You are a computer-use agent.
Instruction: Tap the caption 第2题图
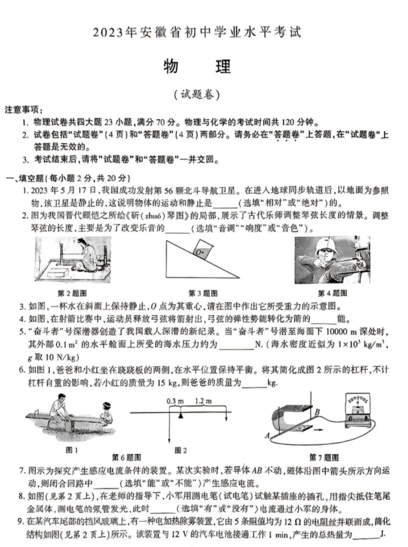coord(72,293)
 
